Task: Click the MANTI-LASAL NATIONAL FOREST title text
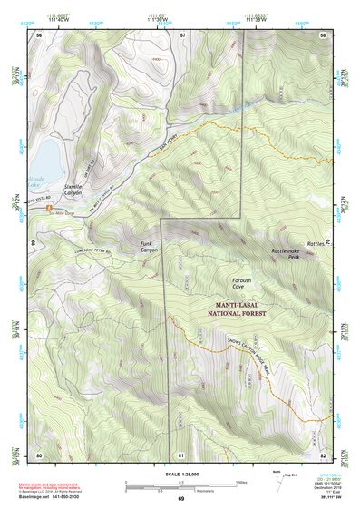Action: (248, 309)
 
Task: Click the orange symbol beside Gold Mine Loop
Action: (48, 210)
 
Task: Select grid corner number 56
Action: (39, 34)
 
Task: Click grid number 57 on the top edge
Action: (182, 34)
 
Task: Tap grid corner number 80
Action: (39, 454)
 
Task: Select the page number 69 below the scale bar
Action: (180, 499)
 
